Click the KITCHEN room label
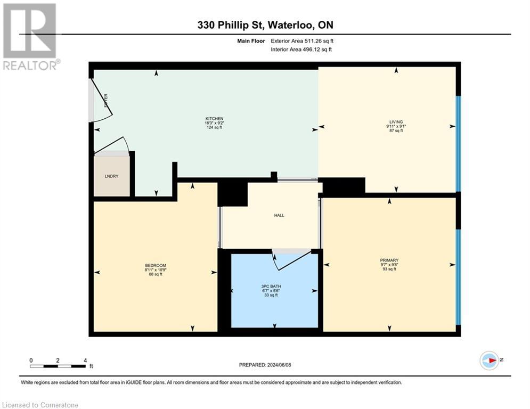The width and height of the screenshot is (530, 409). coord(214,118)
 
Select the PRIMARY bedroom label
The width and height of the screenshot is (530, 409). coord(389,260)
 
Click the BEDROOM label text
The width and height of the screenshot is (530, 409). coord(156,266)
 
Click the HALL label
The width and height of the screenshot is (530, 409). coord(279,216)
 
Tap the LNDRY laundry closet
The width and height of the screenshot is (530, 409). coord(111,176)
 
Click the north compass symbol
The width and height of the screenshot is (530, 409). coord(489,360)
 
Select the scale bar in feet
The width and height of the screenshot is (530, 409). coord(58,366)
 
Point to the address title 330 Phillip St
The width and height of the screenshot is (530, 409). coord(265,25)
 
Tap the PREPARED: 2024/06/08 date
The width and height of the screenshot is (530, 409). coord(265,365)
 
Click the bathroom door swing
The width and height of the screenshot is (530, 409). coord(290,260)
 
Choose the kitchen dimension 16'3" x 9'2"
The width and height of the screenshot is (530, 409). coord(214,123)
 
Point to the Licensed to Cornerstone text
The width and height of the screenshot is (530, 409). coord(40,405)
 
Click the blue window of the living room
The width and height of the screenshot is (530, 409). coord(458,144)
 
